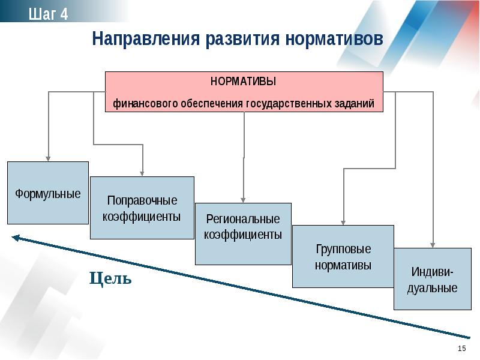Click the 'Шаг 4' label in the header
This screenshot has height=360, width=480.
49,14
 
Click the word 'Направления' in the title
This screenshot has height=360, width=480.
146,39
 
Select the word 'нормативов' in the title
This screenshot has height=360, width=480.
334,39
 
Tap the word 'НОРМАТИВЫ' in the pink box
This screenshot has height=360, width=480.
244,82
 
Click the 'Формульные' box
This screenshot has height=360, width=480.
48,193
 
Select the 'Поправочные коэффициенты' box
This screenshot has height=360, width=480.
142,208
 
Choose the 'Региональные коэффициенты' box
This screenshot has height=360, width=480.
244,234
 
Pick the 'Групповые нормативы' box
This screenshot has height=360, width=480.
343,257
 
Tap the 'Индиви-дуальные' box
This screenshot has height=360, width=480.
433,279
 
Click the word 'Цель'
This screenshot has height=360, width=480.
110,278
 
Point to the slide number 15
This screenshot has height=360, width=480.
462,349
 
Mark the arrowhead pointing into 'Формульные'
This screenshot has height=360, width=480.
48,158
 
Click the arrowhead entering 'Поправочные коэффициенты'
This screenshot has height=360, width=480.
142,173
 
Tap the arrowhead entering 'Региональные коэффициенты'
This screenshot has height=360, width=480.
243,200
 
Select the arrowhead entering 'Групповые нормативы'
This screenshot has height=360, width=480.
343,223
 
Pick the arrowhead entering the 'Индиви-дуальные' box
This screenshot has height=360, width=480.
433,245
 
